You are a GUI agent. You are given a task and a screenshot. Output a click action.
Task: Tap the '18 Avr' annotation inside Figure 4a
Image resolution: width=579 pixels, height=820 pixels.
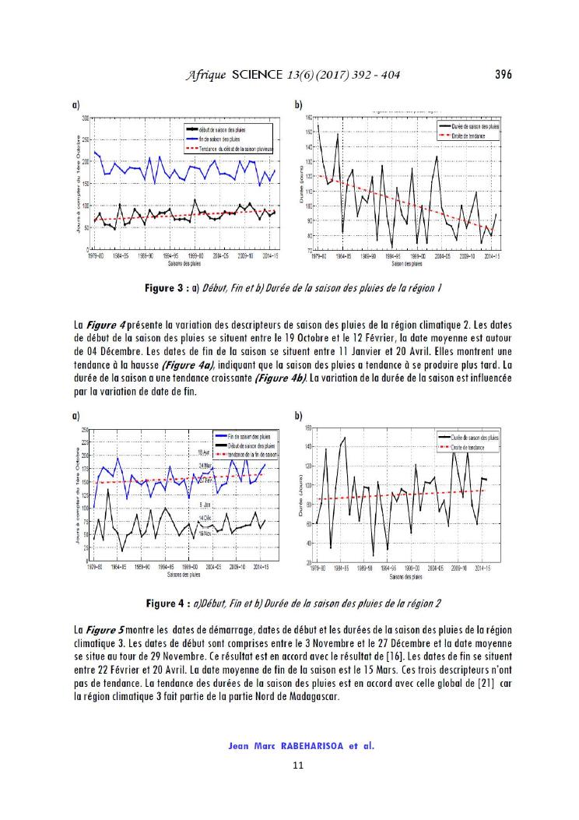[x=205, y=452]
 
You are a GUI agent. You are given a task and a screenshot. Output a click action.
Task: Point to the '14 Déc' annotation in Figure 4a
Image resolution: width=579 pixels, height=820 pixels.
[x=205, y=518]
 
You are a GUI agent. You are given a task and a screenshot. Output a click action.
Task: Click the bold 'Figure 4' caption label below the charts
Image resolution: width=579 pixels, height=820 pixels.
[x=172, y=603]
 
